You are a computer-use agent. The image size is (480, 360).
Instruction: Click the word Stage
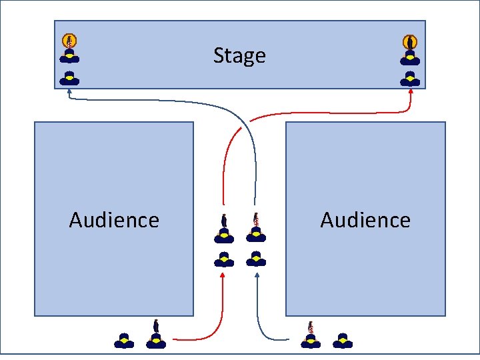pos(239,55)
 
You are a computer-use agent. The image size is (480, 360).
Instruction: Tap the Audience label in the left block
pos(114,220)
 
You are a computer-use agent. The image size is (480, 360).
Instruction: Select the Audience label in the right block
pos(365,220)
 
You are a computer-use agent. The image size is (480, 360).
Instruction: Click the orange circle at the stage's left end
pos(69,41)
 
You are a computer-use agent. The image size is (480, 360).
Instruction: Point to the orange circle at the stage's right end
pos(410,41)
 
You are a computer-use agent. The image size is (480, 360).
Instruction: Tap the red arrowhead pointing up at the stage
pos(411,92)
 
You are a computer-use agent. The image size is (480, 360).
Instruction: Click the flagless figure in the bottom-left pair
pos(124,341)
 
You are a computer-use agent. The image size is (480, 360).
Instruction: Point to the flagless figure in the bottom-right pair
pos(343,341)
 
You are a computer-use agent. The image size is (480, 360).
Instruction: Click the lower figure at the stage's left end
pos(69,78)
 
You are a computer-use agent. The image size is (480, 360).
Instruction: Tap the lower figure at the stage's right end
pos(410,79)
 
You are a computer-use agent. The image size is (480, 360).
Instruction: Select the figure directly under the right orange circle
pos(410,57)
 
